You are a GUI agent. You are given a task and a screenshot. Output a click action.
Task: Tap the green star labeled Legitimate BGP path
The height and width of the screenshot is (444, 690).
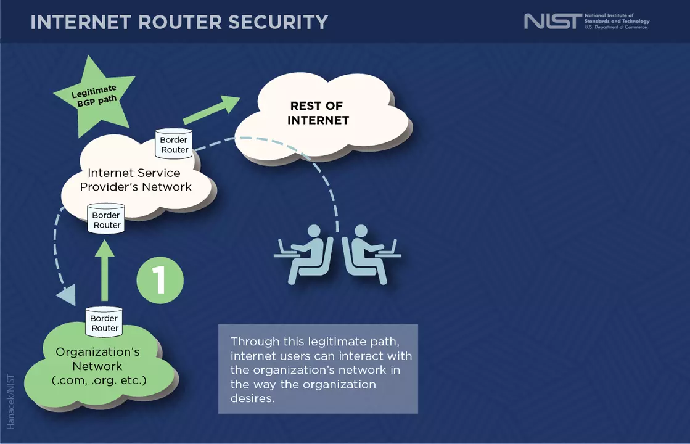coord(94,94)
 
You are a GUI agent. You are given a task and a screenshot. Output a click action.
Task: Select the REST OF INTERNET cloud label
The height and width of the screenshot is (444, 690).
coord(318,113)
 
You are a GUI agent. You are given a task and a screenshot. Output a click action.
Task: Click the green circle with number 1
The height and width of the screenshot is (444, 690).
coord(160,280)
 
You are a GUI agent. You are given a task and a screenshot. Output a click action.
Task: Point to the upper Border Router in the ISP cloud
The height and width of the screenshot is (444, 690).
coord(174,144)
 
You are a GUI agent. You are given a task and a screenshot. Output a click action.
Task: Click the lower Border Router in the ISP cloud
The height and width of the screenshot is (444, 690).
coord(106,220)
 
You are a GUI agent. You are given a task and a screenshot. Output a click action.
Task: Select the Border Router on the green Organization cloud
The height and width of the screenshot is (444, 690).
coord(104,323)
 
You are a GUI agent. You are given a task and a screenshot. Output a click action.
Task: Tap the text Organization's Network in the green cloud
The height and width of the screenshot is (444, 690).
coord(97,359)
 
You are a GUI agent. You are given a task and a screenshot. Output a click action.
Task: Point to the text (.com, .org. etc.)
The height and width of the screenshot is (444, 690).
coord(99,380)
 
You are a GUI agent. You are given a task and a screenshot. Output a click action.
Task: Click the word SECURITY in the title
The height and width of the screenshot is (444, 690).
coord(278,22)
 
